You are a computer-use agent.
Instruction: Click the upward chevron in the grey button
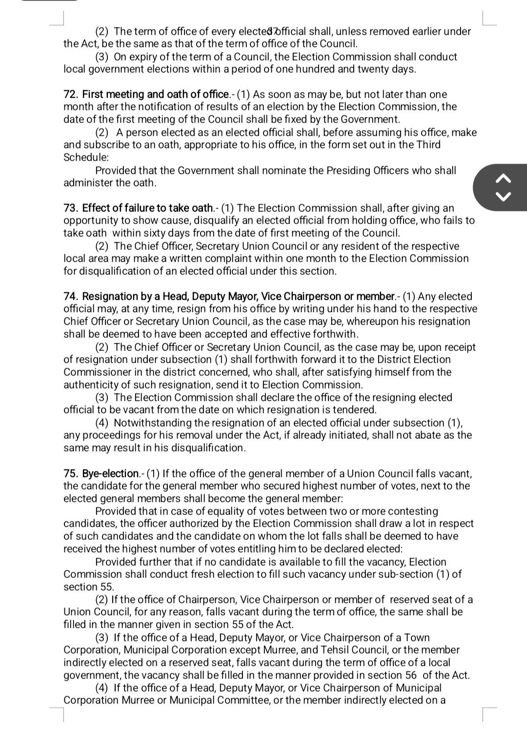504,179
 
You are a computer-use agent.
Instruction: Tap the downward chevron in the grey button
504,197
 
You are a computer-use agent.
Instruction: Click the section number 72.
71,94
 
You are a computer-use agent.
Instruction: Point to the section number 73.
71,208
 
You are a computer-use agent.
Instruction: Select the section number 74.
71,296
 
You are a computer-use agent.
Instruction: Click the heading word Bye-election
111,473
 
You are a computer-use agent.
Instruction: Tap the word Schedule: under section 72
86,157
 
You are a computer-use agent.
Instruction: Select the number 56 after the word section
411,675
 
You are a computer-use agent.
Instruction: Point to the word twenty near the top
374,69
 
